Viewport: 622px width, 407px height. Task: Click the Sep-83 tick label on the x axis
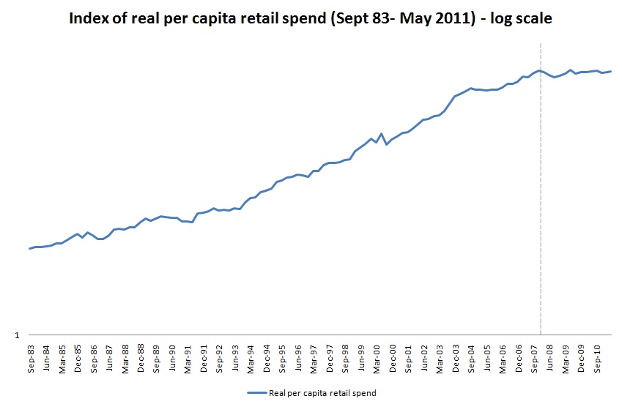pyautogui.click(x=32, y=359)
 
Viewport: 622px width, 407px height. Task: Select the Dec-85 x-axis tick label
pyautogui.click(x=78, y=358)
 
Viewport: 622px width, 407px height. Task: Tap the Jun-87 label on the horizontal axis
pyautogui.click(x=109, y=358)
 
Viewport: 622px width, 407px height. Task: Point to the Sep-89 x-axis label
pyautogui.click(x=156, y=359)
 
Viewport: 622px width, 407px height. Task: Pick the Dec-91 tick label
pyautogui.click(x=204, y=358)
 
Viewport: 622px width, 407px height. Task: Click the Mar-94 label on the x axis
pyautogui.click(x=251, y=359)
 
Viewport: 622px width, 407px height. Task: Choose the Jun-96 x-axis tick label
pyautogui.click(x=298, y=358)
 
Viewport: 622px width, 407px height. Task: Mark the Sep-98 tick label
pyautogui.click(x=345, y=359)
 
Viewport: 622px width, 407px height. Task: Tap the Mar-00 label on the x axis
pyautogui.click(x=377, y=359)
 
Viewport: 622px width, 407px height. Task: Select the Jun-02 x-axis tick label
pyautogui.click(x=424, y=358)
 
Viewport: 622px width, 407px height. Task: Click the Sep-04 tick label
pyautogui.click(x=471, y=359)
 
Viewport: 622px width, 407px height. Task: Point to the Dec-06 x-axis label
pyautogui.click(x=519, y=358)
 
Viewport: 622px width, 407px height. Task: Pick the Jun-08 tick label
pyautogui.click(x=549, y=358)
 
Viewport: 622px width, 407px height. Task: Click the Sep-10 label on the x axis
pyautogui.click(x=597, y=359)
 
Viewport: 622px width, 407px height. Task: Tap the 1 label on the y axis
pyautogui.click(x=17, y=336)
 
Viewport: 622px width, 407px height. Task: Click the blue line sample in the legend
pyautogui.click(x=257, y=393)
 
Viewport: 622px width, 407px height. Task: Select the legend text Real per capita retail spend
pyautogui.click(x=322, y=393)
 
